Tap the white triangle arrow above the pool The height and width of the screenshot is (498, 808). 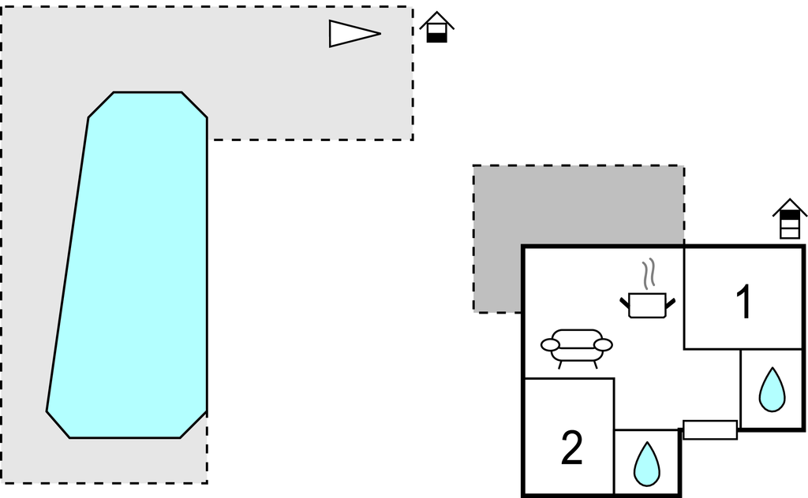pyautogui.click(x=351, y=33)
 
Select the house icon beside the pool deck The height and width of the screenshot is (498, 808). pyautogui.click(x=436, y=28)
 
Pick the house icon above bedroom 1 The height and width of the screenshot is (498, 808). pyautogui.click(x=790, y=218)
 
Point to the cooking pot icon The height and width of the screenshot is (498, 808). pyautogui.click(x=648, y=305)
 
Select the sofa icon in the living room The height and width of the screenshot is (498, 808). pyautogui.click(x=577, y=347)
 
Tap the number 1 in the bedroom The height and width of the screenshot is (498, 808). pyautogui.click(x=743, y=303)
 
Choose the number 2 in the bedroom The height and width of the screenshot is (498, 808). pyautogui.click(x=571, y=448)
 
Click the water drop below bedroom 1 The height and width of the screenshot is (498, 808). pyautogui.click(x=772, y=389)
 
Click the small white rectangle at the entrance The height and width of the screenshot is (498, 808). pyautogui.click(x=709, y=429)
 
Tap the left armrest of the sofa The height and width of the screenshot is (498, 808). pyautogui.click(x=550, y=344)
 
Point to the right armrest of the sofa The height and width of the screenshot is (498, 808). pyautogui.click(x=603, y=344)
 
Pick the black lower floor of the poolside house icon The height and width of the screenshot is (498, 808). pyautogui.click(x=436, y=36)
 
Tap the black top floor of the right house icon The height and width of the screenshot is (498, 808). pyautogui.click(x=790, y=215)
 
